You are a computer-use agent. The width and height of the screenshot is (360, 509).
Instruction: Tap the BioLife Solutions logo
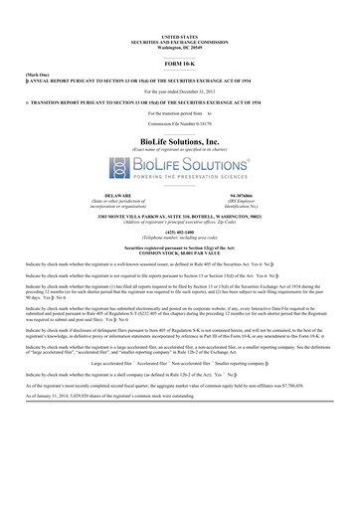pyautogui.click(x=180, y=164)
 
